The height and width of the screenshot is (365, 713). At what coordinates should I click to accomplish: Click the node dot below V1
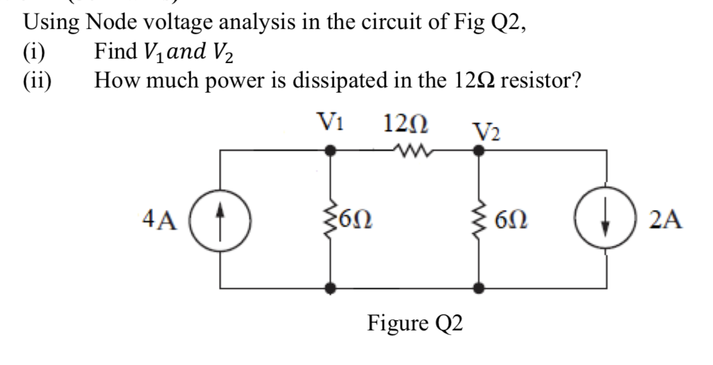point(331,151)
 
